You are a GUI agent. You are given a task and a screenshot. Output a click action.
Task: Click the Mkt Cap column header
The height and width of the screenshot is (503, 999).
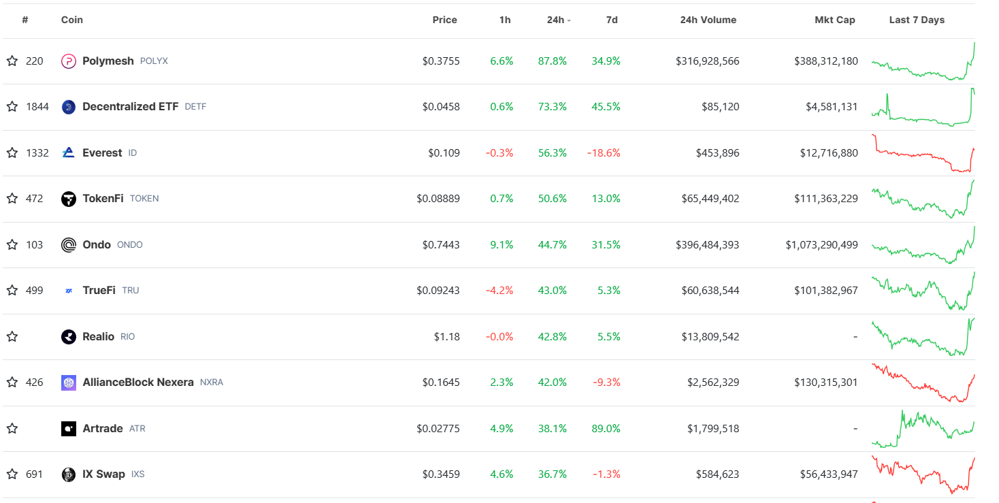(834, 20)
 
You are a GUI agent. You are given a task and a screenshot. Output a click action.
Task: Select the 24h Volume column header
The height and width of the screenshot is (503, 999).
(708, 20)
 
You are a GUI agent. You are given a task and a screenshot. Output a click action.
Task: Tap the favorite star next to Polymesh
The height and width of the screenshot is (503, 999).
(12, 61)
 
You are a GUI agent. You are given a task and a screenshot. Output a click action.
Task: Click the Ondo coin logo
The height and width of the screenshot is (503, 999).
(69, 245)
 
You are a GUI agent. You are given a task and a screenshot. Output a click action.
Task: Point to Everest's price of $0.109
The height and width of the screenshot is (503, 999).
(444, 153)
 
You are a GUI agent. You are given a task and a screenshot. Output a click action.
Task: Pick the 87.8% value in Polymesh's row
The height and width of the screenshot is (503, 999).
(552, 61)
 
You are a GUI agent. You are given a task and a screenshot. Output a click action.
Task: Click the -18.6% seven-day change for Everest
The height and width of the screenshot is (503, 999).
(604, 153)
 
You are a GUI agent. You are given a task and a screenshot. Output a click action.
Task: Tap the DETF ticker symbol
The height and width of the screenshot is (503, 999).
(195, 107)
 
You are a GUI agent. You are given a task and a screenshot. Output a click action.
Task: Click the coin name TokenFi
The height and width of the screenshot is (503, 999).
(103, 199)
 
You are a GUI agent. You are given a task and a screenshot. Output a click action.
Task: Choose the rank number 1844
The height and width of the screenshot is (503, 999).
(37, 107)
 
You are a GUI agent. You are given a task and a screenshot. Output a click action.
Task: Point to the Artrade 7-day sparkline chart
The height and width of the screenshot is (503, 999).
(923, 429)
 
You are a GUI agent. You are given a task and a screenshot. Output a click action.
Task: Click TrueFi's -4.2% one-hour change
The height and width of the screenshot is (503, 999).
(499, 291)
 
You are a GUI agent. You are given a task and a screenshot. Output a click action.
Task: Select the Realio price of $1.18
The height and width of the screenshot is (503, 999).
(447, 337)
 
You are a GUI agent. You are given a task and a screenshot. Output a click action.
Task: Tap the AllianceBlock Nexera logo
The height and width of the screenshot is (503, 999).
(69, 383)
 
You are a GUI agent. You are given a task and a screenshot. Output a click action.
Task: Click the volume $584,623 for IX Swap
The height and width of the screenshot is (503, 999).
(717, 474)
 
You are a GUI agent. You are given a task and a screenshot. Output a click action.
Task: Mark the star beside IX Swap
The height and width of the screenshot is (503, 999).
(12, 474)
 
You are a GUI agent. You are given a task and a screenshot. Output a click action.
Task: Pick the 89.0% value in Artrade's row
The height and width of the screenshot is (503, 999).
(606, 429)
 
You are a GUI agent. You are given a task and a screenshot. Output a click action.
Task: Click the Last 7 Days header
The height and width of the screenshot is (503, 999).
(917, 20)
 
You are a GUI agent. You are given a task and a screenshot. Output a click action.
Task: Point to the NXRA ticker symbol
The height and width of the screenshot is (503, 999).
(212, 383)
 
